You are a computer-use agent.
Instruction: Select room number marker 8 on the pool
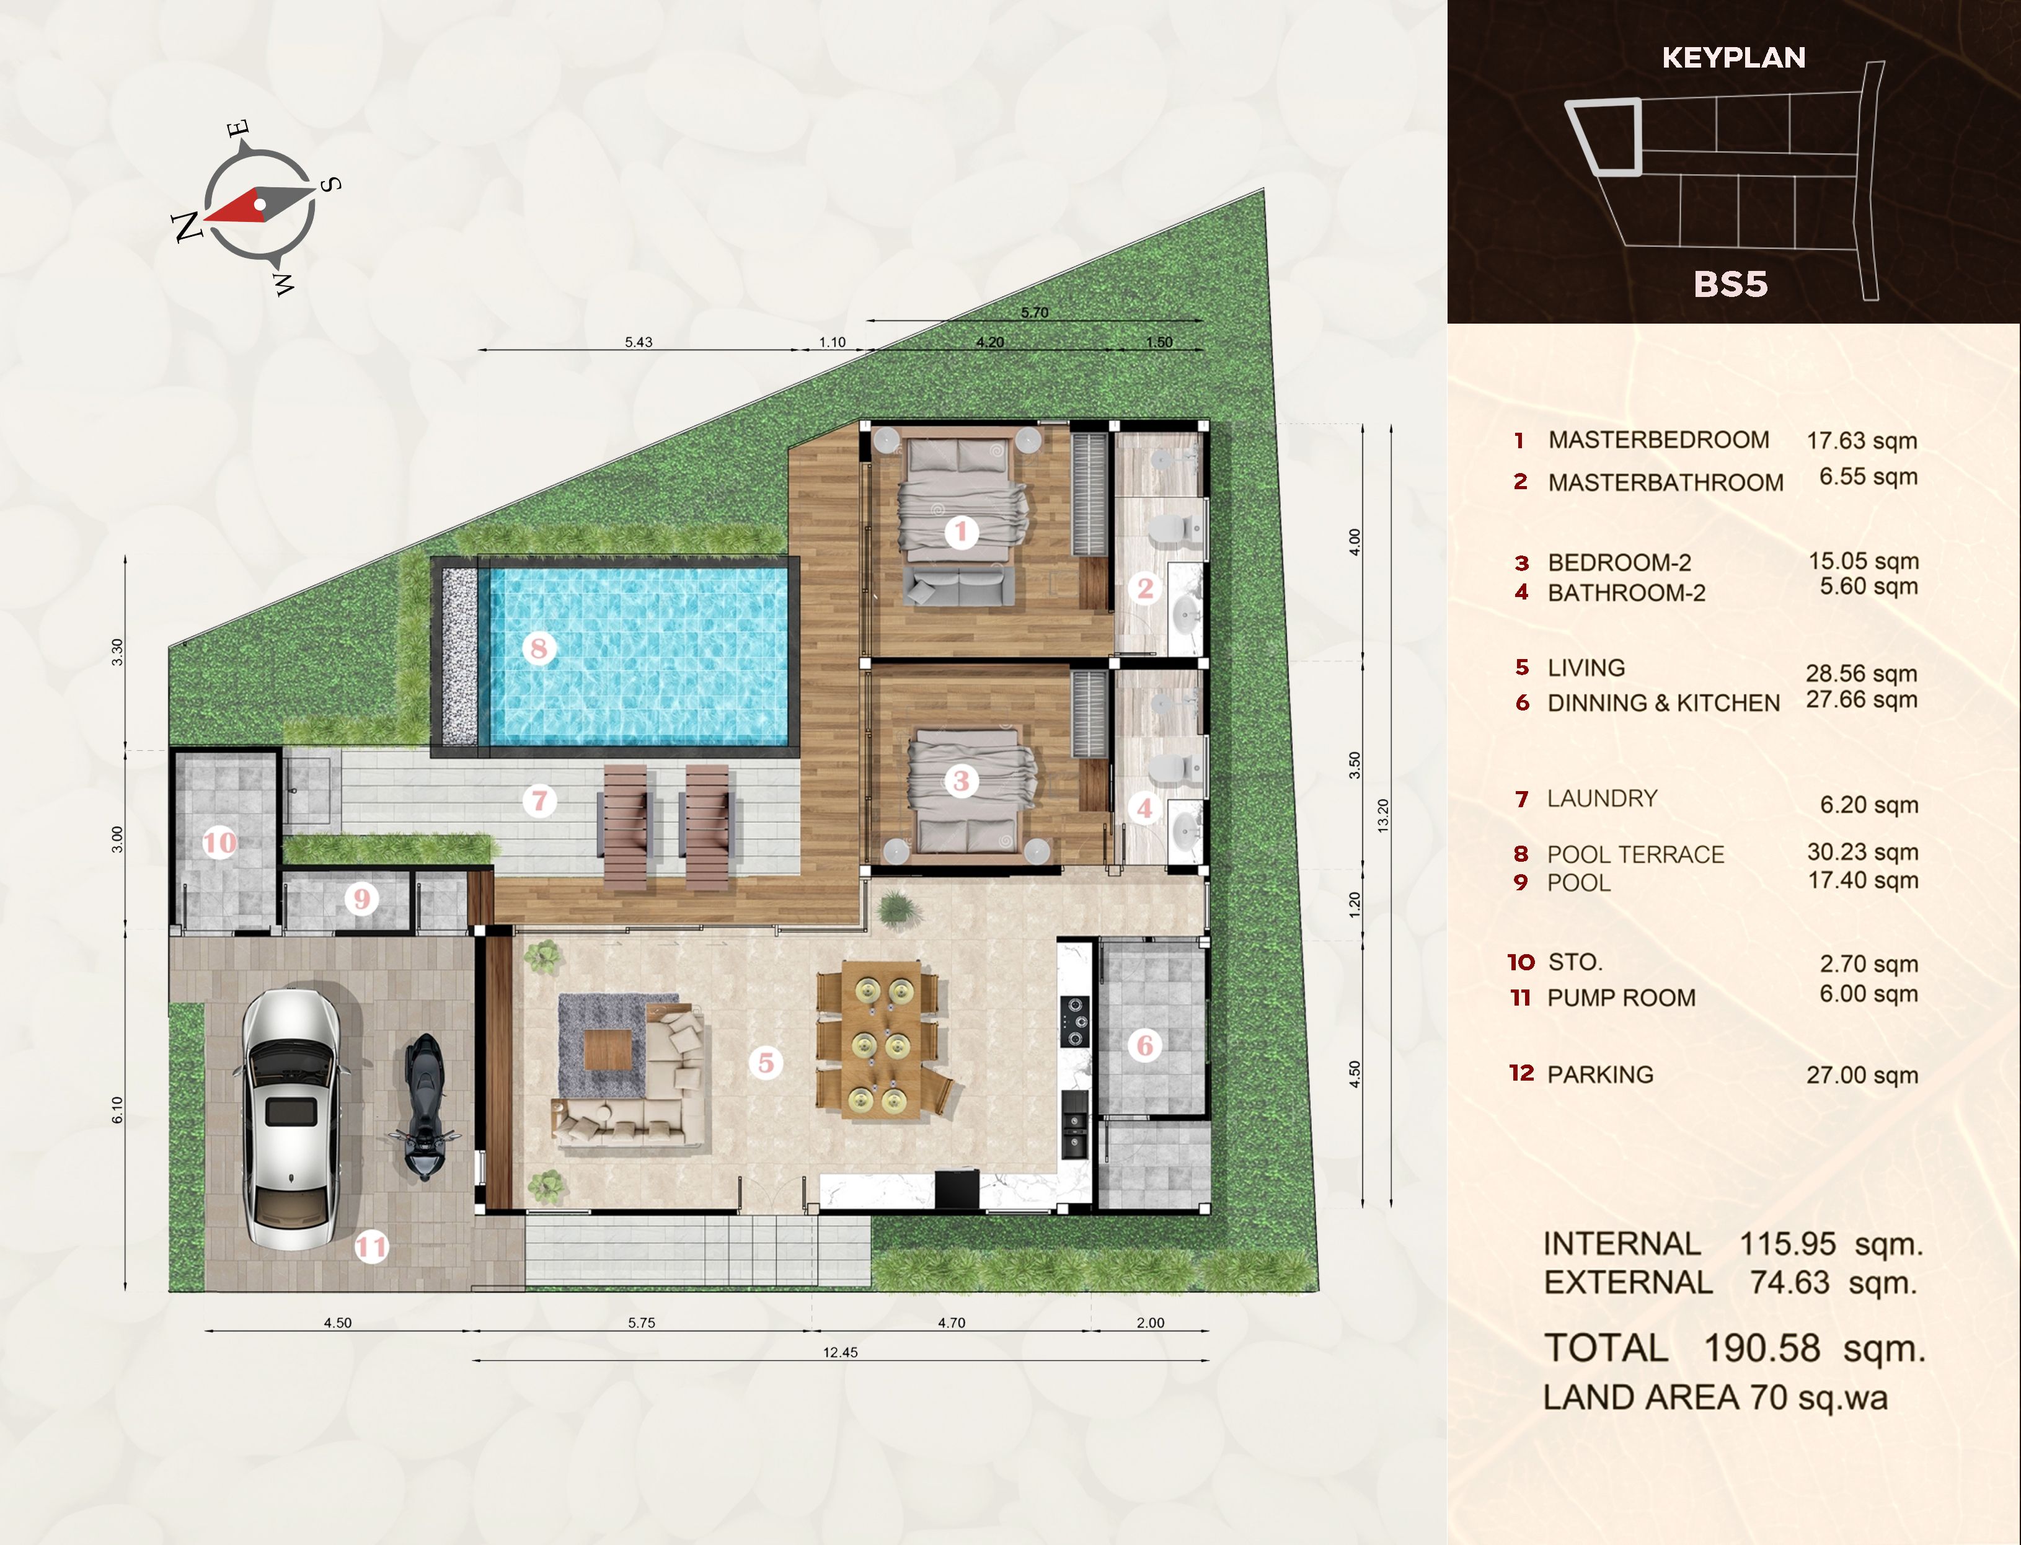pos(539,649)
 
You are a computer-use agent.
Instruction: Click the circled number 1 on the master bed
pos(962,531)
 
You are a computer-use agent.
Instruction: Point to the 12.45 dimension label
pos(841,1352)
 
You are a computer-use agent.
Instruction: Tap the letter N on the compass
pos(188,226)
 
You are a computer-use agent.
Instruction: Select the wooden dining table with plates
pos(882,1039)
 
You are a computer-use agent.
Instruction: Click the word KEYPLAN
pos(1733,58)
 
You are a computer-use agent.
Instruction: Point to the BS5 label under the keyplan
pos(1730,284)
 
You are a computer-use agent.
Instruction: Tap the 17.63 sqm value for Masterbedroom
pos(1862,441)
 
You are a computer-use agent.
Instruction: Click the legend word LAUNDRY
pos(1602,799)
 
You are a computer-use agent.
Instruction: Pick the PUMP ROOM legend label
pos(1621,998)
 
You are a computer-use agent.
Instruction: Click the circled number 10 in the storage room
pos(219,843)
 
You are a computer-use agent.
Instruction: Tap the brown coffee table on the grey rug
pos(608,1049)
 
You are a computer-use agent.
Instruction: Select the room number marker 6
pos(1145,1045)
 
